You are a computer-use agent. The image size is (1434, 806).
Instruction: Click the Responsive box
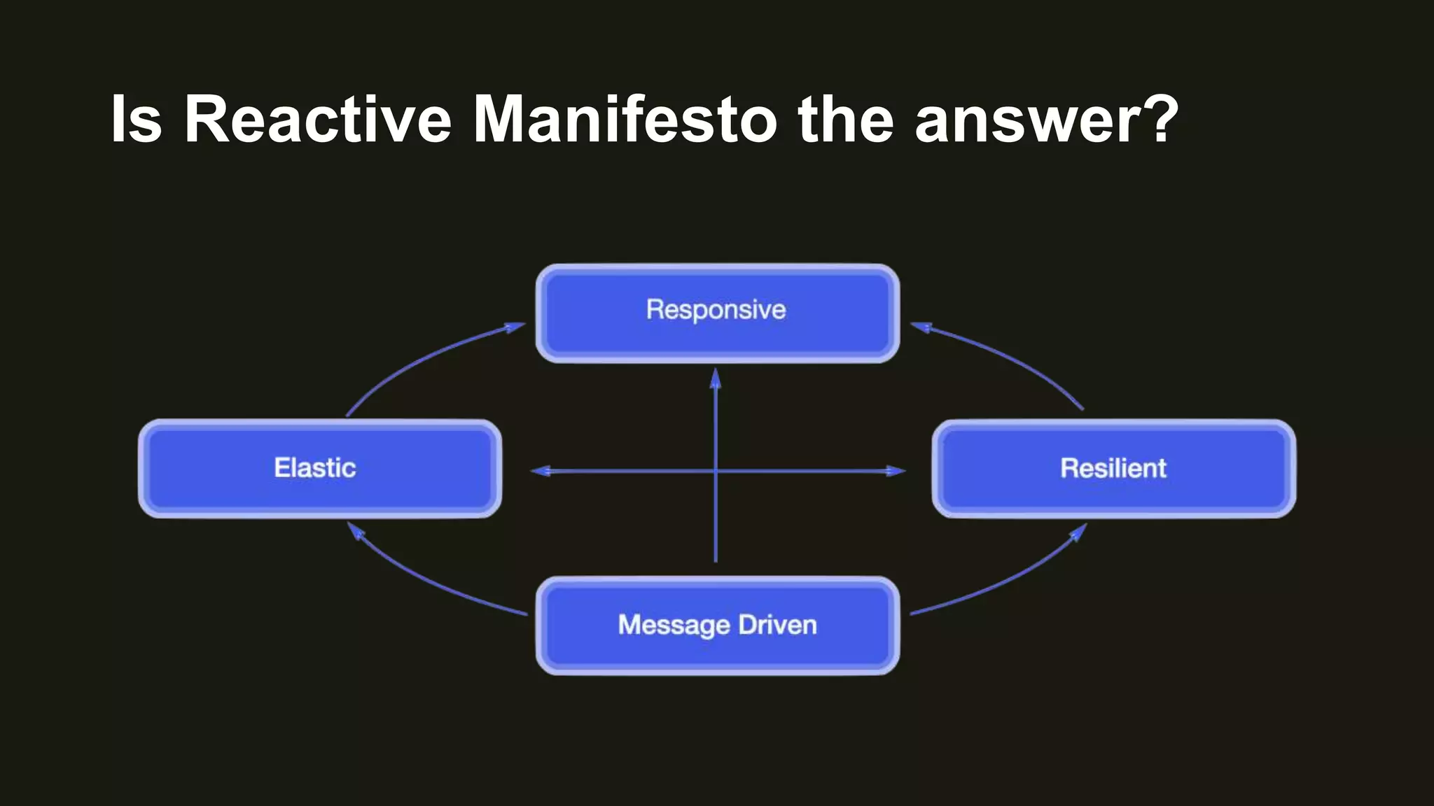click(718, 313)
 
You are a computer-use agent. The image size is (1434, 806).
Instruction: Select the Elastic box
click(320, 468)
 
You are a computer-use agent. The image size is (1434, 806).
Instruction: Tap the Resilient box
click(1113, 468)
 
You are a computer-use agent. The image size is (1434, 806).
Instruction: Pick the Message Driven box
click(718, 625)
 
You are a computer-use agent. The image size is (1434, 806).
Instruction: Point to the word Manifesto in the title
click(625, 119)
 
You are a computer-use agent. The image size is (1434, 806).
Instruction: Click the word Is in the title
click(137, 119)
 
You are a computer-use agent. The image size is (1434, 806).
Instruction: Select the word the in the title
click(846, 119)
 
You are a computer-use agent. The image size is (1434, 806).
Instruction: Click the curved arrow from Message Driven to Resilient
click(1008, 581)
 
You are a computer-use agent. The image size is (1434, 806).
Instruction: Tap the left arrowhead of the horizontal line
click(541, 471)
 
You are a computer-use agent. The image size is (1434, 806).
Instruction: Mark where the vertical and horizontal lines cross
click(715, 471)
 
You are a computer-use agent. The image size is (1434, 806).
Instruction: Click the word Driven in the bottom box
click(777, 625)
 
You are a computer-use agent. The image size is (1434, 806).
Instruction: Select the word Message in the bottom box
click(674, 625)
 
